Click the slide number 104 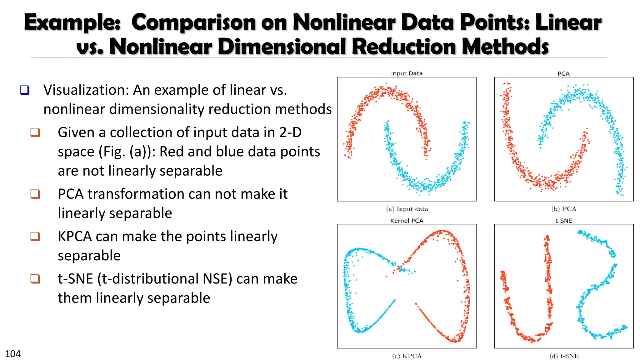[13, 354]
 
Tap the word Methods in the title [505, 47]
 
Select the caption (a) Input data [407, 209]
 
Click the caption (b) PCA [564, 209]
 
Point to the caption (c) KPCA [407, 356]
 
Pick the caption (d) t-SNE [564, 356]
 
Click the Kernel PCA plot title [407, 221]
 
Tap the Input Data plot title [407, 73]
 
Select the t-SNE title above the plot [564, 221]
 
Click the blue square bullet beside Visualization [25, 90]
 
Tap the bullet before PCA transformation [35, 194]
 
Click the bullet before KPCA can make [35, 236]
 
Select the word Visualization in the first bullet [86, 90]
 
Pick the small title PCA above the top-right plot [563, 74]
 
